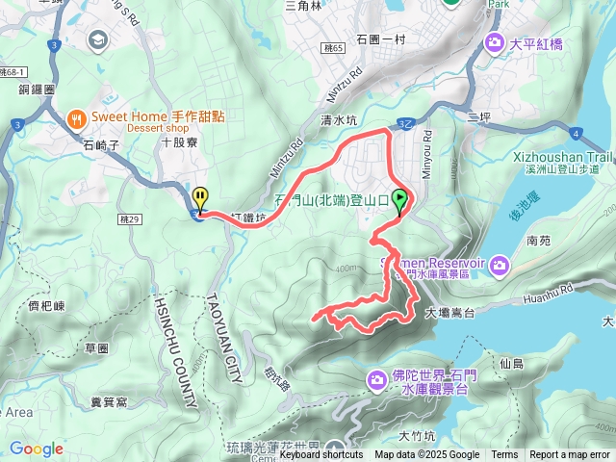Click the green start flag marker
pyautogui.click(x=399, y=201)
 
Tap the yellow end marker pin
pyautogui.click(x=200, y=198)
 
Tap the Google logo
pyautogui.click(x=36, y=449)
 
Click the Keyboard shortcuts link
pyautogui.click(x=321, y=455)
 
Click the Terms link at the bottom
pyautogui.click(x=504, y=455)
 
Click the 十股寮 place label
pyautogui.click(x=179, y=141)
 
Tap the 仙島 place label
pyautogui.click(x=511, y=363)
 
